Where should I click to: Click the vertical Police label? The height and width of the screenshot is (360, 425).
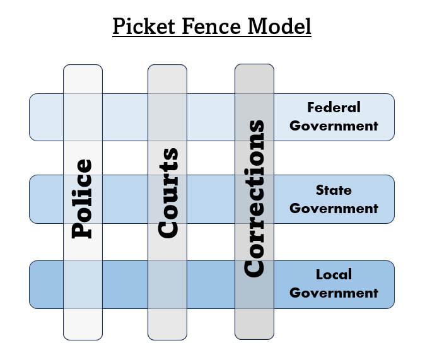click(83, 199)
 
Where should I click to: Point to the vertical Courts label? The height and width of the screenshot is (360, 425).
click(168, 193)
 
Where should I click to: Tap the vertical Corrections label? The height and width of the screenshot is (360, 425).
click(254, 197)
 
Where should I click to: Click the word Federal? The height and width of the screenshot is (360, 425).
click(334, 107)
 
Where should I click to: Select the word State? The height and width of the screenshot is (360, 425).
click(334, 190)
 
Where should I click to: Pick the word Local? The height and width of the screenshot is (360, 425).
click(334, 274)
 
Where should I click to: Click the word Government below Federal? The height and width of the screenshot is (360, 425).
click(334, 125)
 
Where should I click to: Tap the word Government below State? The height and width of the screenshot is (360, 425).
click(334, 208)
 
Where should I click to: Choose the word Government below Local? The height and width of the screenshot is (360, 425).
click(334, 293)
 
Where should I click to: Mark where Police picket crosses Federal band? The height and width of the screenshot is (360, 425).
click(83, 117)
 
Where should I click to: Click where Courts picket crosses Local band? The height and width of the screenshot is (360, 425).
click(168, 284)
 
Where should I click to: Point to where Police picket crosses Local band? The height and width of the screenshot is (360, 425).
click(83, 284)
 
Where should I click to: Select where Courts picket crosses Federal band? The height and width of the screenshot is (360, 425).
click(168, 117)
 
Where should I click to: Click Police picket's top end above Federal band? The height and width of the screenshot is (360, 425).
click(83, 79)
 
